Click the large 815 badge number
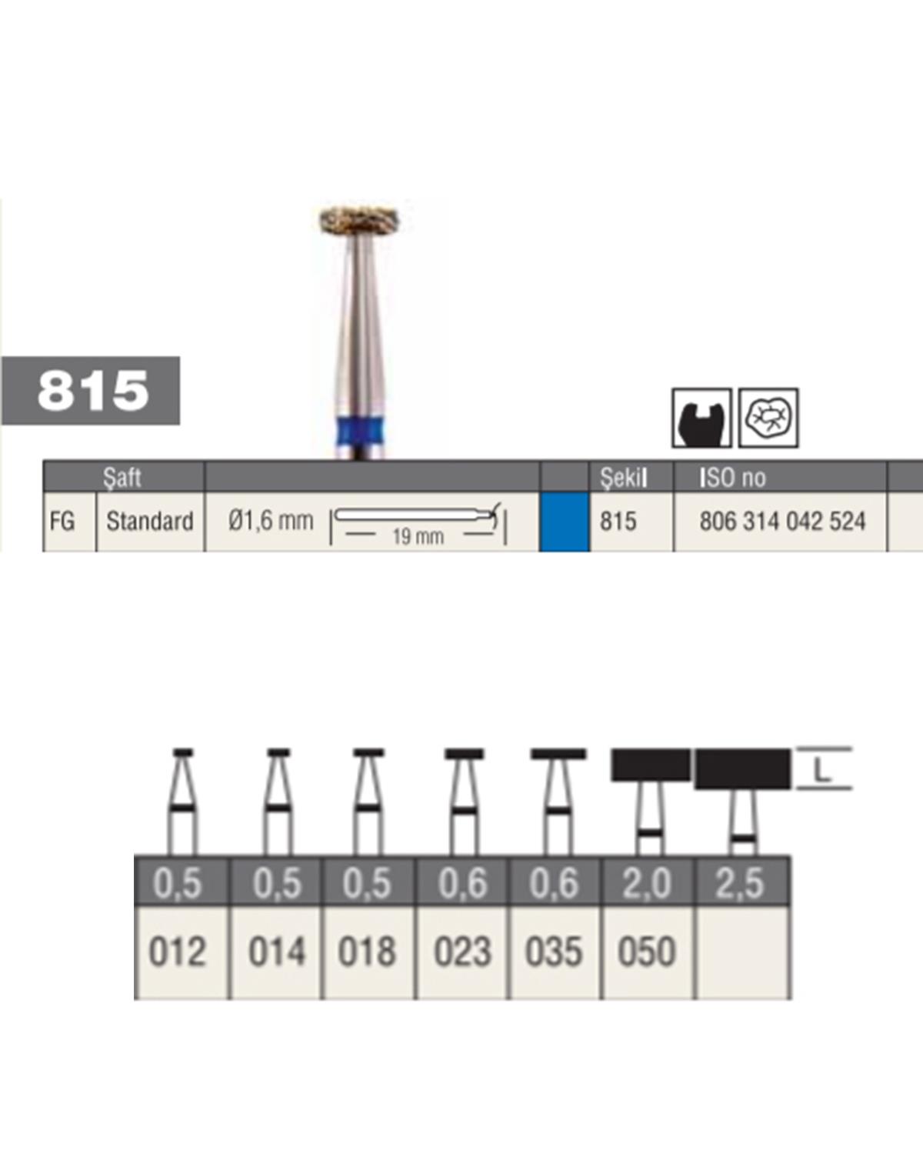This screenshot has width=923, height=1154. pyautogui.click(x=93, y=390)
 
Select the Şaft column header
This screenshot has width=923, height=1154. pyautogui.click(x=123, y=477)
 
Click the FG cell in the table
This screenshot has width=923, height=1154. pyautogui.click(x=62, y=522)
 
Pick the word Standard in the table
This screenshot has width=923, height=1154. pyautogui.click(x=150, y=522)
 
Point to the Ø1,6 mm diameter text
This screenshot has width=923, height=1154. pyautogui.click(x=270, y=521)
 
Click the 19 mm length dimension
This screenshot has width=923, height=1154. pyautogui.click(x=418, y=535)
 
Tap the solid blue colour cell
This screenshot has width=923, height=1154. pyautogui.click(x=565, y=522)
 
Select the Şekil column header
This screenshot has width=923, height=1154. pyautogui.click(x=624, y=477)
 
